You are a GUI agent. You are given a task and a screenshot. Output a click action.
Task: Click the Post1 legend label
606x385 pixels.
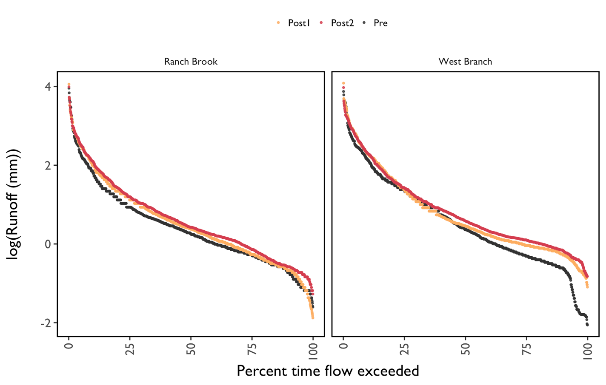(x=299, y=23)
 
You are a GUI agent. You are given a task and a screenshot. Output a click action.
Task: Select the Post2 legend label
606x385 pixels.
(x=342, y=23)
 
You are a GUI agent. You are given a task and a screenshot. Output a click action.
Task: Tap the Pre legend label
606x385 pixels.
(x=380, y=23)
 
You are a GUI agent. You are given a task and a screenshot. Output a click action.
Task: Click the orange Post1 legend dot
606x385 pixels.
(x=278, y=23)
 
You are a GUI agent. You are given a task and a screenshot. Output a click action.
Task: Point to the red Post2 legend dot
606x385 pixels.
(x=322, y=23)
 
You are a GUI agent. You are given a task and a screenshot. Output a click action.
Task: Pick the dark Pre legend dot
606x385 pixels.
(x=364, y=23)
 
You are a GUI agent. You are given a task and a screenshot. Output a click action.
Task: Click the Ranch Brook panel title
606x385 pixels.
(x=191, y=62)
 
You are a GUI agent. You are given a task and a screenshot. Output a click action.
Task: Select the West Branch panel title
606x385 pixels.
(x=465, y=62)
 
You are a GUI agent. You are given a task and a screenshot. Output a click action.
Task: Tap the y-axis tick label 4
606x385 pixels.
(x=48, y=87)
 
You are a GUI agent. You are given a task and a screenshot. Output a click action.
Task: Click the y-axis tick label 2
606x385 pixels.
(x=48, y=165)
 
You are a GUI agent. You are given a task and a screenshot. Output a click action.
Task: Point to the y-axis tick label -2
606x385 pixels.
(x=46, y=323)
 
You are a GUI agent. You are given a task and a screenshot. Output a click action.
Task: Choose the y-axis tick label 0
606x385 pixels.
(x=48, y=244)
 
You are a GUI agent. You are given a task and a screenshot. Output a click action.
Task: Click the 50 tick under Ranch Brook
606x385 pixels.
(x=191, y=349)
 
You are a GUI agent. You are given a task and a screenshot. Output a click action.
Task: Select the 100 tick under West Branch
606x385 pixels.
(x=588, y=352)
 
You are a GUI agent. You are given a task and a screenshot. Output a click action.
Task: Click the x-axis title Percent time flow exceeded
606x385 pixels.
(x=328, y=371)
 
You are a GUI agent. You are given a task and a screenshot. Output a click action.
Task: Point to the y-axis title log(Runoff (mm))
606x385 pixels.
(x=14, y=204)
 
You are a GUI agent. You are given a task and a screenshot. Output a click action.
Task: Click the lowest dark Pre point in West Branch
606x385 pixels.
(x=587, y=325)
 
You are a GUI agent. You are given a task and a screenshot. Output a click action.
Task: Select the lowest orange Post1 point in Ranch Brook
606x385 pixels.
(x=313, y=317)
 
